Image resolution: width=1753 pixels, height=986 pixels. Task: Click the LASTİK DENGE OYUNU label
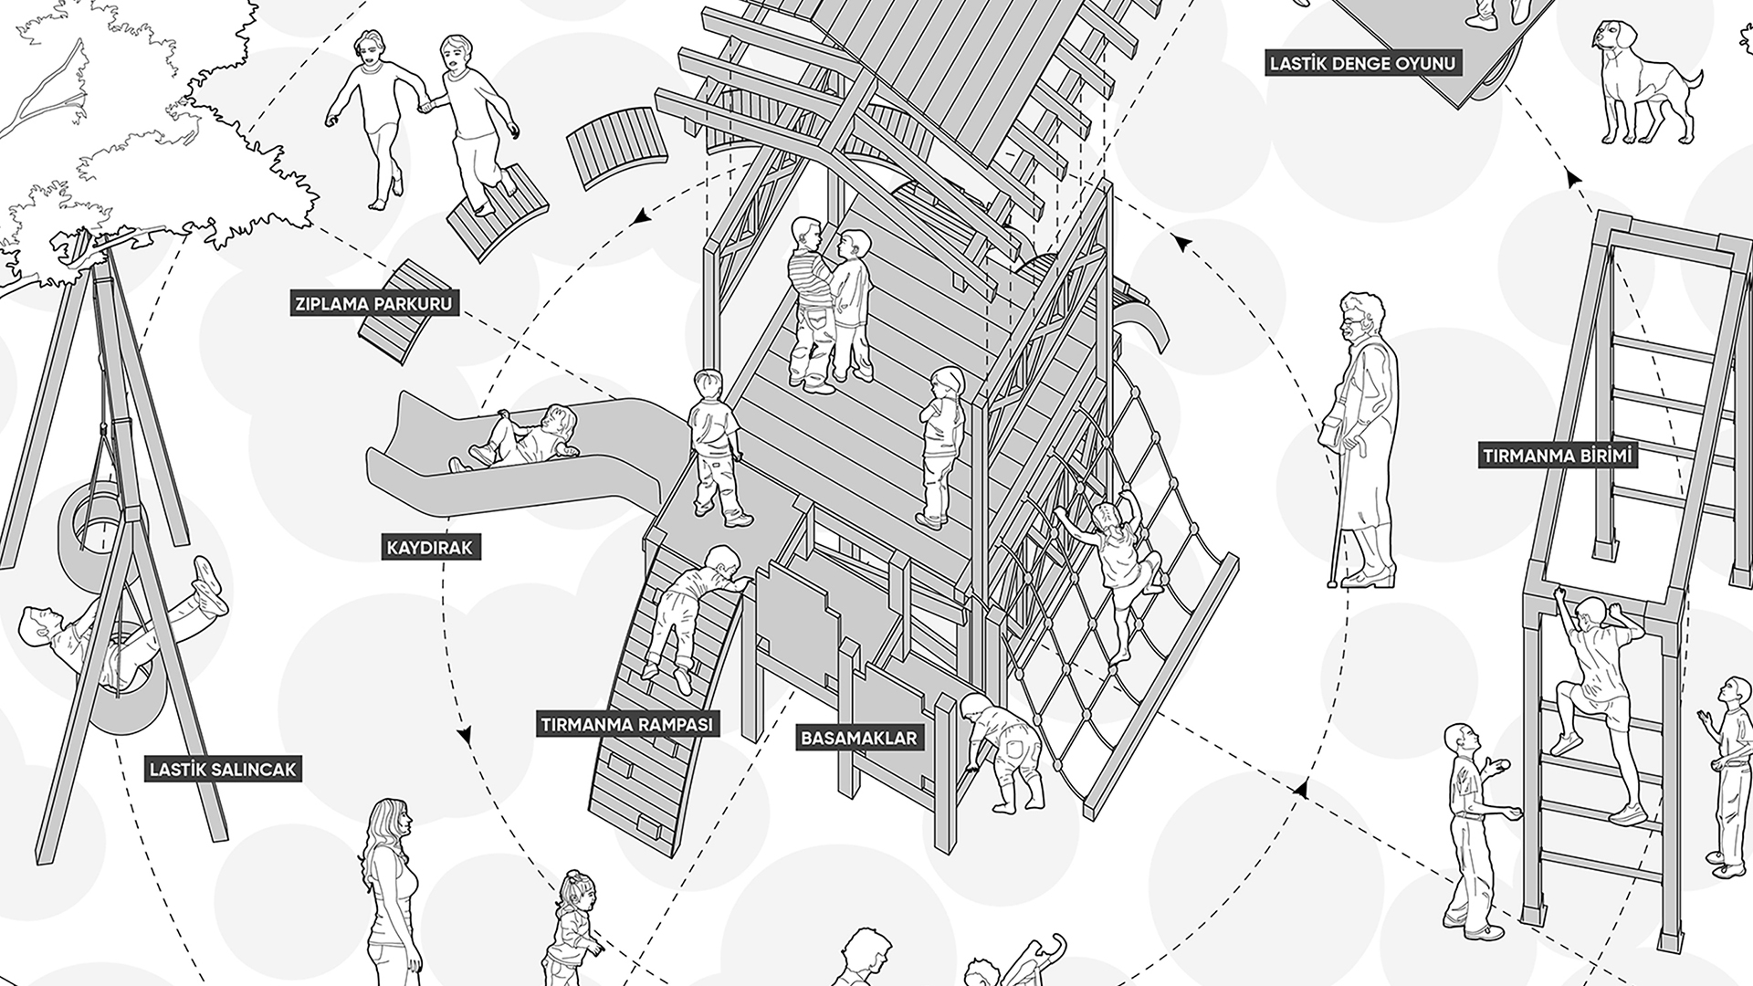1361,64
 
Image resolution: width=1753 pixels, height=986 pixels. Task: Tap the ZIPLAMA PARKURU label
373,303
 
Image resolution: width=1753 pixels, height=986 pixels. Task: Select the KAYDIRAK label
429,548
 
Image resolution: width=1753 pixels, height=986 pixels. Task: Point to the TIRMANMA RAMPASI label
626,725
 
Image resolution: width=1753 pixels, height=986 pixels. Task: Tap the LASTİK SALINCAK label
224,770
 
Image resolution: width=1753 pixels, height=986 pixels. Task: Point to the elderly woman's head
1359,316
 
